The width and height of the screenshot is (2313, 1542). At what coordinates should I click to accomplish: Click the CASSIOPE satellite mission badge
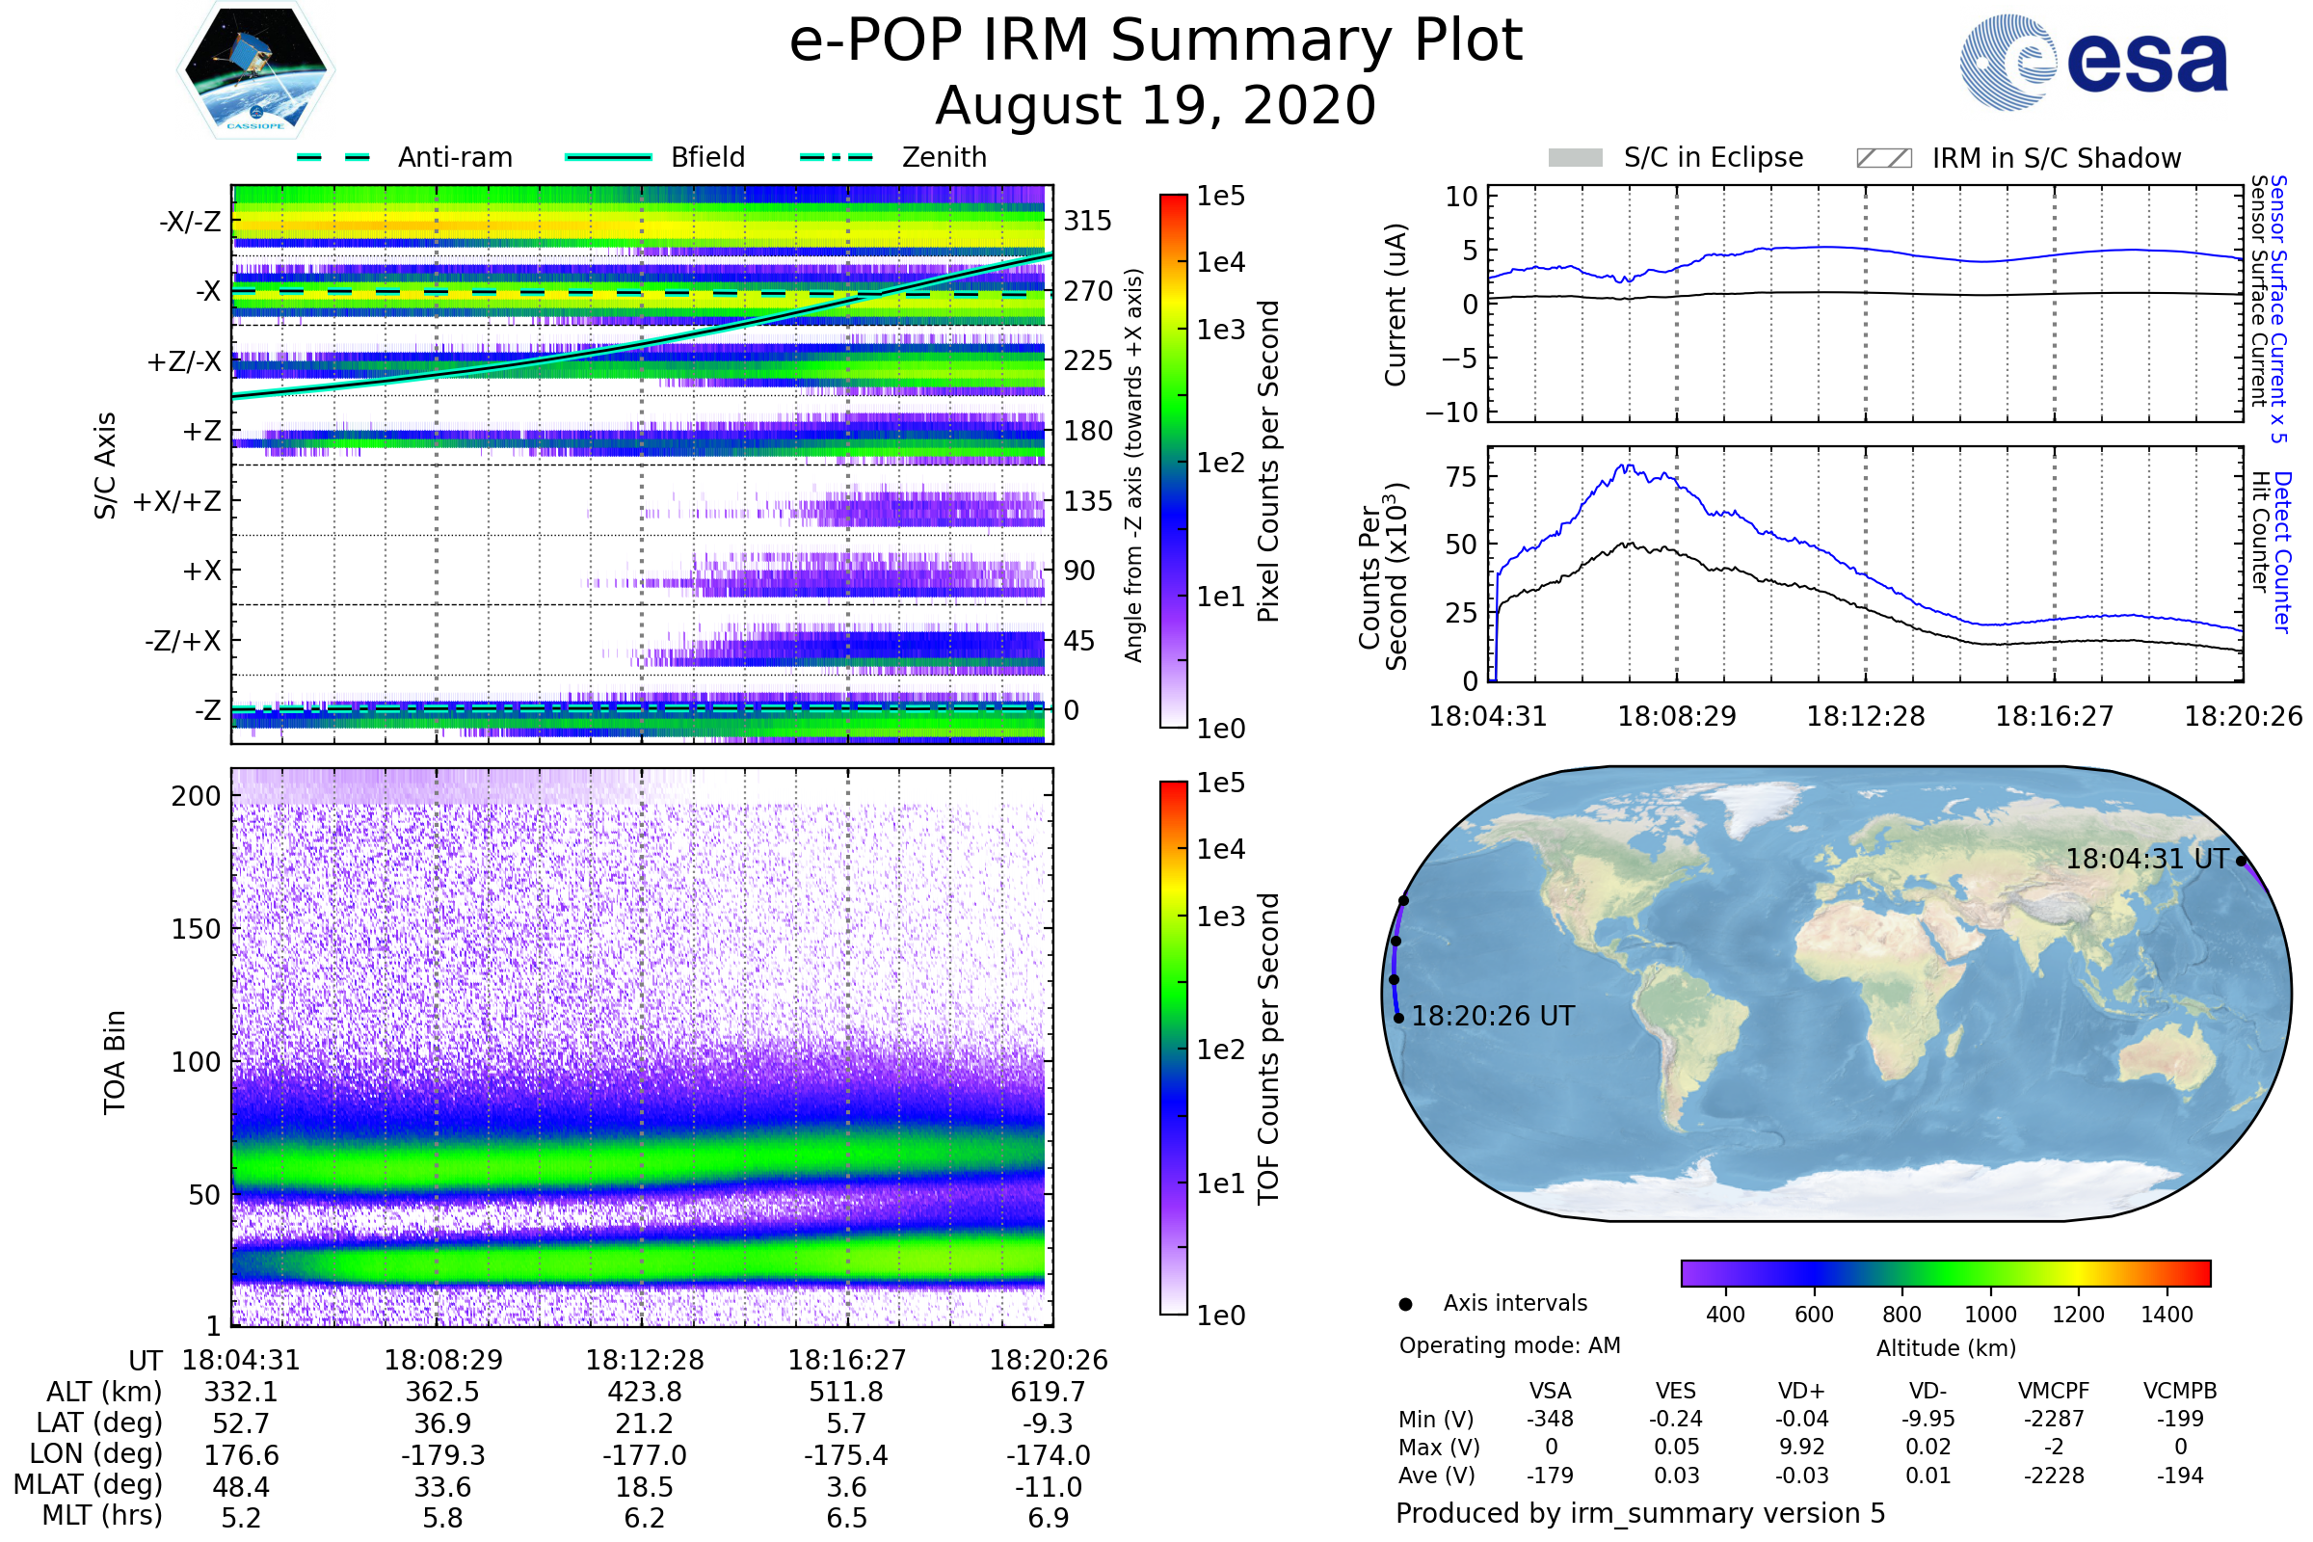point(255,69)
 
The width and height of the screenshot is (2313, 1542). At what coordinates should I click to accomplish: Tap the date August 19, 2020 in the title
point(1156,105)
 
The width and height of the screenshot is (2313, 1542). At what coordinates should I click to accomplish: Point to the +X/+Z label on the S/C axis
point(177,501)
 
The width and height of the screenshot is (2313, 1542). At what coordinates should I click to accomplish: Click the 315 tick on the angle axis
point(1088,221)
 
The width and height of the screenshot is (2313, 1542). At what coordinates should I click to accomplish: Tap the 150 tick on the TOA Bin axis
point(196,928)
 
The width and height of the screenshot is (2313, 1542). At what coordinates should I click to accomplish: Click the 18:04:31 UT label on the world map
point(2146,859)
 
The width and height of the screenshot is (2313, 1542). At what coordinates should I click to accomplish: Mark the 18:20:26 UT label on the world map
point(1493,1016)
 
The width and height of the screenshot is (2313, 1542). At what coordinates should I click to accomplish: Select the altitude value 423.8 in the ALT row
point(644,1392)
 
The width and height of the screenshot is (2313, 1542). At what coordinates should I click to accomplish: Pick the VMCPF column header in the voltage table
point(2054,1391)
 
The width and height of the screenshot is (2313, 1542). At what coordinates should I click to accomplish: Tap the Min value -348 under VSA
point(1550,1418)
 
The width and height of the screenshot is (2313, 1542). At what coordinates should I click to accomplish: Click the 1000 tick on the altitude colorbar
point(1990,1314)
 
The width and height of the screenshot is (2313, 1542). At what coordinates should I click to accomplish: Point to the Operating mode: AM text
point(1509,1344)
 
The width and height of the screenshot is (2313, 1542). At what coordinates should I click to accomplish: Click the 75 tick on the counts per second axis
point(1461,477)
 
